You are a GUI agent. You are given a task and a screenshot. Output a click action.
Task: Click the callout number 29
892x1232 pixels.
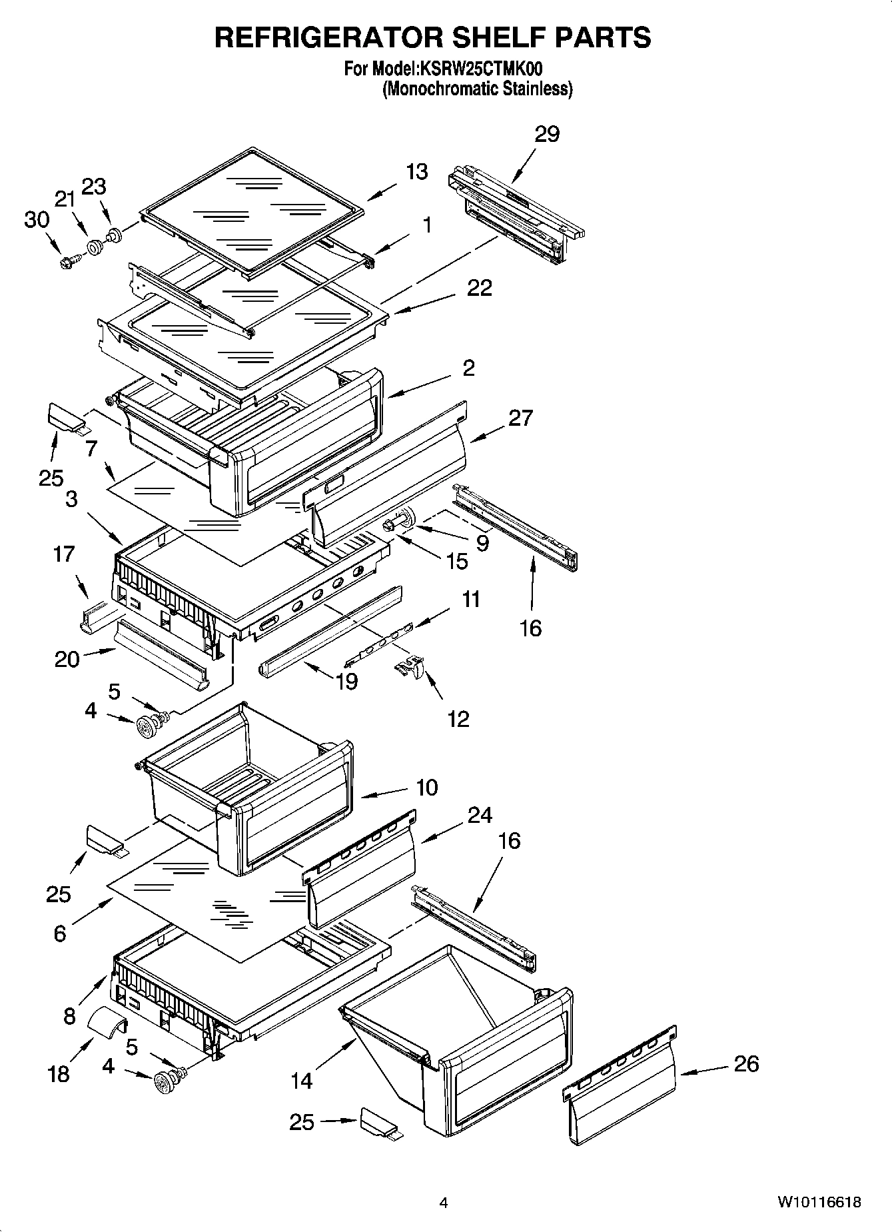[x=547, y=134]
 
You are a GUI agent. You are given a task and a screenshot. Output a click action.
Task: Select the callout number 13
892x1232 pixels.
[x=417, y=172]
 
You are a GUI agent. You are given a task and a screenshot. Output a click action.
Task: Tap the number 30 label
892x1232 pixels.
[x=37, y=219]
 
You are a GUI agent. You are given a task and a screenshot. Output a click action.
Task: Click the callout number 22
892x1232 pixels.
[x=480, y=288]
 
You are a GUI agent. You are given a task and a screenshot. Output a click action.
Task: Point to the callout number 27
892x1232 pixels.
[x=520, y=418]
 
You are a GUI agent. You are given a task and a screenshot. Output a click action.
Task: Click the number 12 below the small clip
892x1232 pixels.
[x=458, y=719]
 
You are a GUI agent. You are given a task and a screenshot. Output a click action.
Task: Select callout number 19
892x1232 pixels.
[x=347, y=682]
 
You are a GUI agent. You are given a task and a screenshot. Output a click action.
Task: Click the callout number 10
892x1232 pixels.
[x=427, y=787]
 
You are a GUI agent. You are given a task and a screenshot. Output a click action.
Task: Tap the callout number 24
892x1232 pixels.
[x=480, y=815]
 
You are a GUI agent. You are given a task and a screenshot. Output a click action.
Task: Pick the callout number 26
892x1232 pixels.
[x=745, y=1063]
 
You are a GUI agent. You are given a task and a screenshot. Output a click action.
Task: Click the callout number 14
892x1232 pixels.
[x=302, y=1080]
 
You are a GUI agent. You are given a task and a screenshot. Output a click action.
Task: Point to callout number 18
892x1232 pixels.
[x=59, y=1073]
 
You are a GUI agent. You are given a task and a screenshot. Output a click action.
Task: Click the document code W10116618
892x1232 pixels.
[x=819, y=1203]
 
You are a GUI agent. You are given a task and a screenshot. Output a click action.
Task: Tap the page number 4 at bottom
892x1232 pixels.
[x=444, y=1203]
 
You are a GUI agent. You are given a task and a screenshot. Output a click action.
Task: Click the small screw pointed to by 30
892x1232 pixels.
[x=67, y=264]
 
